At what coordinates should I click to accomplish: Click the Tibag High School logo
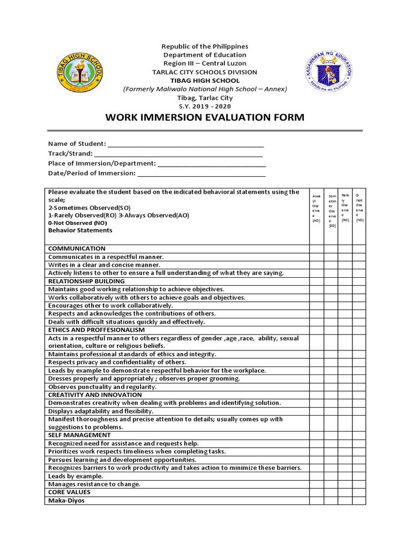(80, 72)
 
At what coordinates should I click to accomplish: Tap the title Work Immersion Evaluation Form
(205, 118)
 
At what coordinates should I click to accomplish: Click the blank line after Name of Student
(186, 144)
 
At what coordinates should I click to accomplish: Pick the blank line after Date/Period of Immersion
(202, 173)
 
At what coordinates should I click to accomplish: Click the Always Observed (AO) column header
(317, 208)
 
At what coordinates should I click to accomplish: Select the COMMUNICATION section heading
(77, 248)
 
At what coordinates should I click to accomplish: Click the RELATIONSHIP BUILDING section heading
(86, 281)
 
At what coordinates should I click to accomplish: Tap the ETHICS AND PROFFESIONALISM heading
(96, 330)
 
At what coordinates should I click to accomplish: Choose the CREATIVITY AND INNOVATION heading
(95, 395)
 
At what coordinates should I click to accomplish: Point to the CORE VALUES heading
(69, 492)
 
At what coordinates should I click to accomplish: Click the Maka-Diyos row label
(66, 501)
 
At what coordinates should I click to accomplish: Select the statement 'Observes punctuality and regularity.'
(102, 387)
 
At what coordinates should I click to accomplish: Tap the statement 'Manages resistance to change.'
(94, 484)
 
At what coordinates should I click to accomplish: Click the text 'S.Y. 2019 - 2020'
(205, 106)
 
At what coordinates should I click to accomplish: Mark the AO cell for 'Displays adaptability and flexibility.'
(317, 411)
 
